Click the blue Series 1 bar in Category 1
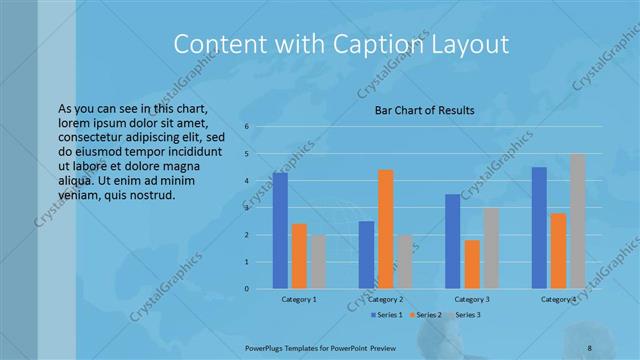click(x=280, y=231)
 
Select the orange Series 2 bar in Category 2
click(x=385, y=229)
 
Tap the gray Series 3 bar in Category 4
click(x=578, y=221)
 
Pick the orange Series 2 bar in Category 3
click(x=472, y=264)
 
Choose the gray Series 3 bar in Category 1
click(x=318, y=262)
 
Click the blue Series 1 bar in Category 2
click(x=366, y=255)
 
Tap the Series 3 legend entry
click(x=466, y=315)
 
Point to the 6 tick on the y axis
click(x=247, y=127)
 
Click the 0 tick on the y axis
click(x=247, y=289)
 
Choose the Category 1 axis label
click(x=300, y=299)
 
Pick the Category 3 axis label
click(x=472, y=299)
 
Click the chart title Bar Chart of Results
click(x=425, y=110)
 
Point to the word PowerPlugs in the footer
click(x=268, y=345)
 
